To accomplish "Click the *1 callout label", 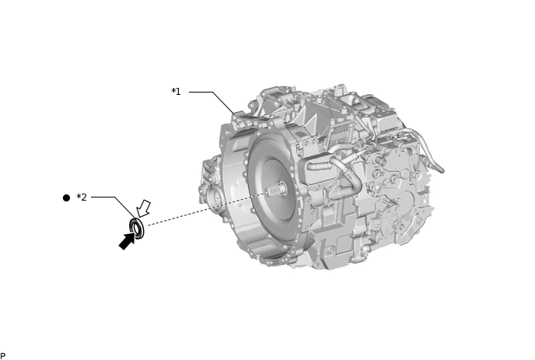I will click(176, 92).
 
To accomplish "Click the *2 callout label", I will click(82, 197).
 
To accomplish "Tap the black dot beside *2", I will click(66, 197).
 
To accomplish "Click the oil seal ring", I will click(138, 229).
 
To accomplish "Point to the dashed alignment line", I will click(202, 209).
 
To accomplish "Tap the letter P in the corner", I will click(3, 356).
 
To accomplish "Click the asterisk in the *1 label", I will click(173, 91).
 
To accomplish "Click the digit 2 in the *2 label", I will click(84, 197).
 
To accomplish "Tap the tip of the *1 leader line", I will click(234, 114).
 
